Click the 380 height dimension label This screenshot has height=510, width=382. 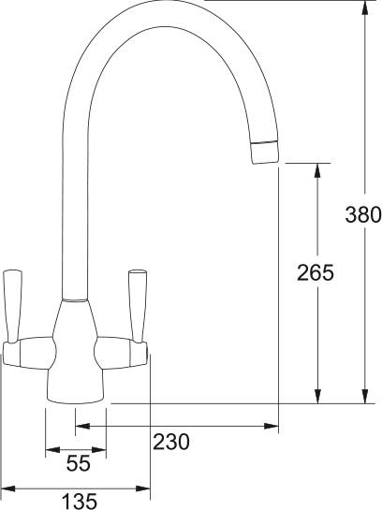coord(363,214)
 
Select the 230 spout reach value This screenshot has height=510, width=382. coord(170,441)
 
